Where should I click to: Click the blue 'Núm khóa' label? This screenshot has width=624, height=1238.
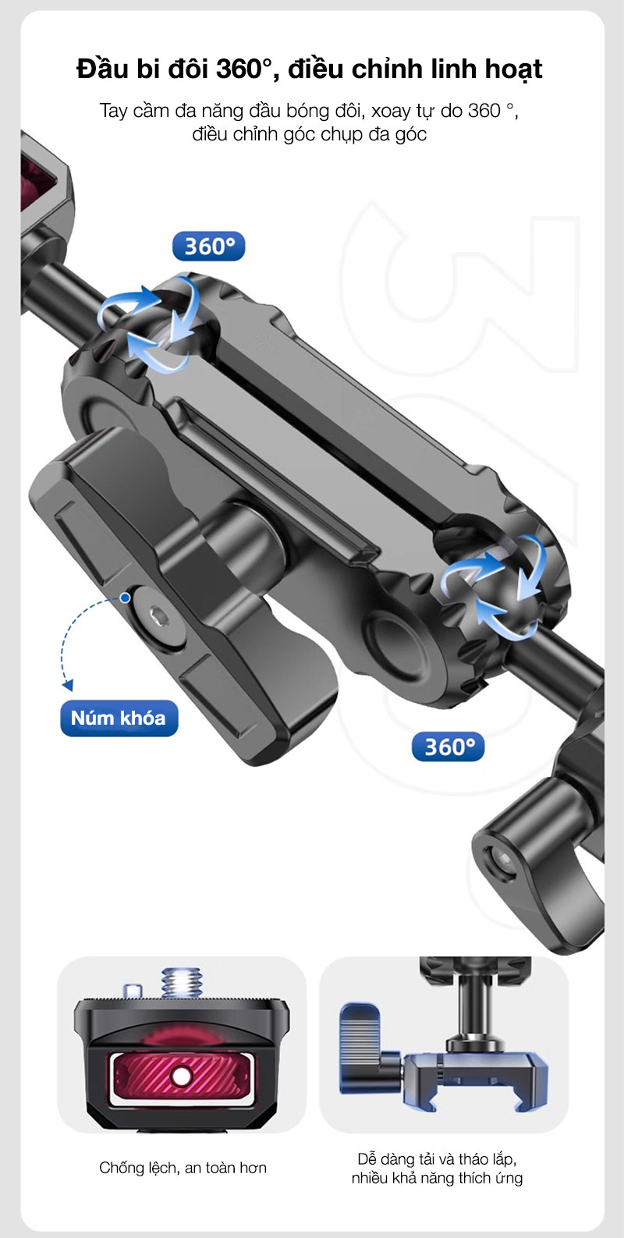(x=119, y=718)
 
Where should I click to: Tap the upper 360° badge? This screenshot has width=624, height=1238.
(x=208, y=246)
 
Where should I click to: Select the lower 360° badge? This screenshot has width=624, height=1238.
(x=448, y=747)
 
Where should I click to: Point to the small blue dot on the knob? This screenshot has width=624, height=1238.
(x=126, y=598)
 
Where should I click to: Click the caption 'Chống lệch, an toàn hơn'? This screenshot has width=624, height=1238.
(x=183, y=1167)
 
